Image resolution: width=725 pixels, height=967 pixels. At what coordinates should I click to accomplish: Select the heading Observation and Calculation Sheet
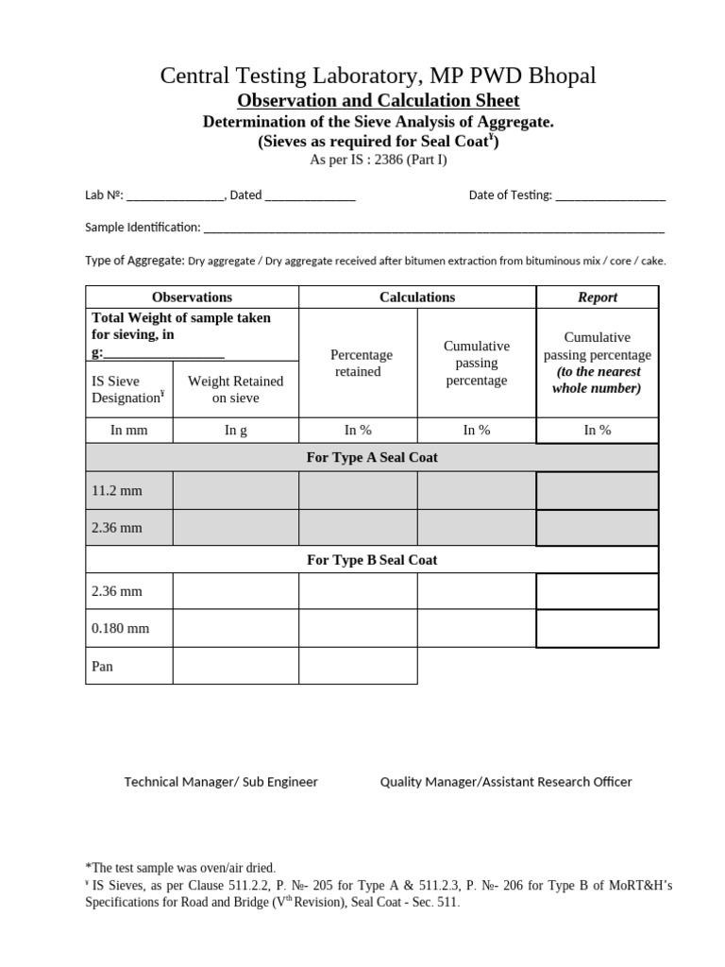click(x=377, y=100)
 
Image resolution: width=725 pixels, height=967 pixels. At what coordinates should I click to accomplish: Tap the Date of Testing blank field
click(x=611, y=196)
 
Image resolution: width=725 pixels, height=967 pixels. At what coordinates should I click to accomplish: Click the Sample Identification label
click(x=143, y=228)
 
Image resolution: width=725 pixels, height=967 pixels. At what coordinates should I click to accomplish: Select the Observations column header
click(x=192, y=297)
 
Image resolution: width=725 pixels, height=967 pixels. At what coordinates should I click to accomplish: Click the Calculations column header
click(x=417, y=297)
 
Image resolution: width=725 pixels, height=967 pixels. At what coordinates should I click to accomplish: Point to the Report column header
click(x=597, y=297)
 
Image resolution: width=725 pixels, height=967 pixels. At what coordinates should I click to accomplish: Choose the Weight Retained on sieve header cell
click(x=235, y=389)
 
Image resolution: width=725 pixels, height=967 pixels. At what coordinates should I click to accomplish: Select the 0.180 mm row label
click(x=120, y=628)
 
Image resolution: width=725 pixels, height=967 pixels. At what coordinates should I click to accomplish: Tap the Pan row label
click(x=102, y=666)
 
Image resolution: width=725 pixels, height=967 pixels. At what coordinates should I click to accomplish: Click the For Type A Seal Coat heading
click(x=372, y=457)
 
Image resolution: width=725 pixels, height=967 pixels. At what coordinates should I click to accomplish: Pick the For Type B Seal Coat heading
click(x=372, y=560)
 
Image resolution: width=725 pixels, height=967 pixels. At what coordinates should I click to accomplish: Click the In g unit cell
click(x=235, y=431)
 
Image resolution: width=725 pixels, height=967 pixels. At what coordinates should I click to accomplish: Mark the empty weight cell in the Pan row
click(x=235, y=666)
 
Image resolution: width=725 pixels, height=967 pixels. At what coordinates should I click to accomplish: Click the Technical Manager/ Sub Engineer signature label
click(x=221, y=782)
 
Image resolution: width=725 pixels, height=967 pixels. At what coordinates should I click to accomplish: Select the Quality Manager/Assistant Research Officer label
click(x=506, y=782)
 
